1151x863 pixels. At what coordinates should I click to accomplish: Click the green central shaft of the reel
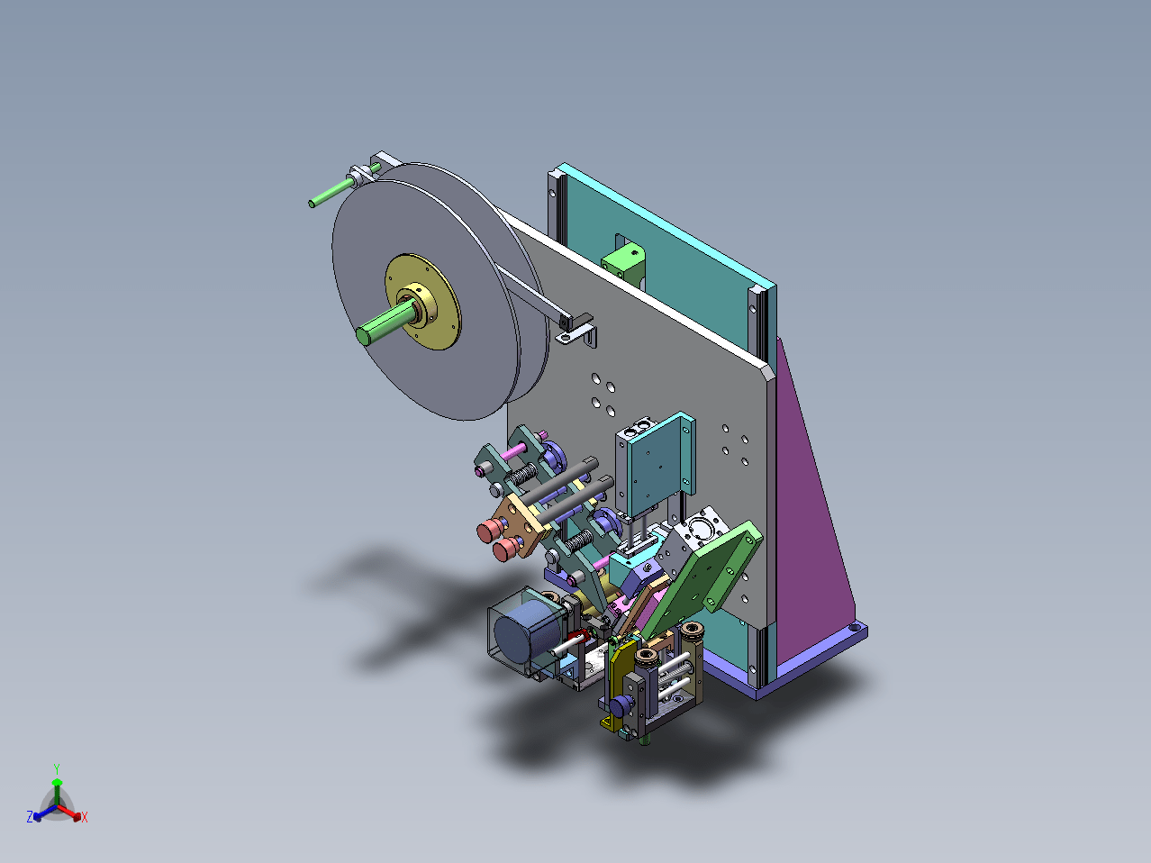click(x=385, y=321)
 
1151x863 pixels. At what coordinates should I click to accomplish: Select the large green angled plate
click(x=702, y=577)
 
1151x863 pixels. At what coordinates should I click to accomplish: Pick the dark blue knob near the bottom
click(x=621, y=706)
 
